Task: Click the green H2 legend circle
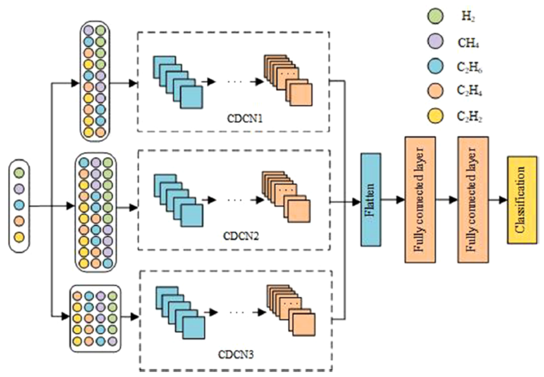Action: pyautogui.click(x=435, y=16)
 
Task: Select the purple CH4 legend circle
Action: pyautogui.click(x=435, y=42)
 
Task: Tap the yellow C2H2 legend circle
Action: pyautogui.click(x=435, y=116)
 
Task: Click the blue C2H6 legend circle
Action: pyautogui.click(x=435, y=66)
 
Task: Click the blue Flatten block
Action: pyautogui.click(x=371, y=200)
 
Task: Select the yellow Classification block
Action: pyautogui.click(x=522, y=200)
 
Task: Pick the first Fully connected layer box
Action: pyautogui.click(x=420, y=200)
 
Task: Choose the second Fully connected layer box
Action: pyautogui.click(x=473, y=200)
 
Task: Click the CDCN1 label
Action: pyautogui.click(x=245, y=119)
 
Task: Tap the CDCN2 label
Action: pyautogui.click(x=241, y=236)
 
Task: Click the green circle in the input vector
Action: pyautogui.click(x=19, y=173)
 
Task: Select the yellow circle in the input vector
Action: pyautogui.click(x=19, y=237)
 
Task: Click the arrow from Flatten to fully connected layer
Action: pyautogui.click(x=393, y=199)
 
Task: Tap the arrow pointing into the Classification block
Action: pyautogui.click(x=498, y=200)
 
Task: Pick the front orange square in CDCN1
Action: pyautogui.click(x=301, y=95)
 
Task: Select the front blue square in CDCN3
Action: pyautogui.click(x=194, y=328)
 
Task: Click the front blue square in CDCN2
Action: pyautogui.click(x=192, y=215)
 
